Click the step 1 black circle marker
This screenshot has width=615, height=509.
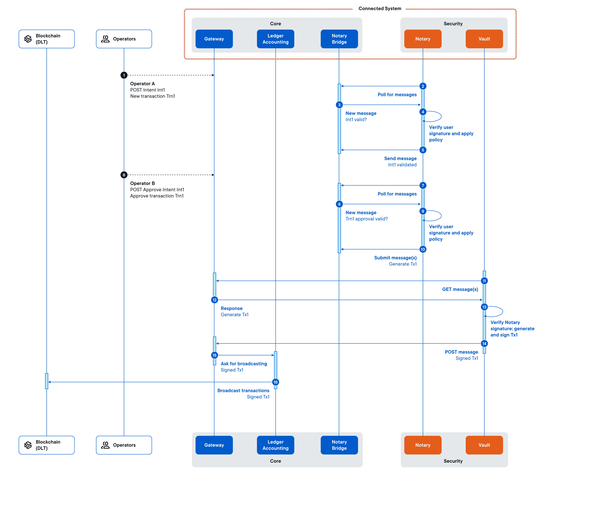124,75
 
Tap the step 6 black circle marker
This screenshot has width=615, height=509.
124,175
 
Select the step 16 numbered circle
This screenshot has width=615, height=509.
275,382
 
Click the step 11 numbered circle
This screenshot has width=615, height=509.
484,281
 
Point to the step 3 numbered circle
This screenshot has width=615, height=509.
339,105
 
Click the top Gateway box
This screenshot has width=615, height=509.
214,39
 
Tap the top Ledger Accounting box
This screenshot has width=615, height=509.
275,39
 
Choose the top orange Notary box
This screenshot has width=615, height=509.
423,39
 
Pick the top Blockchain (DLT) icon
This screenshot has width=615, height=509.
28,39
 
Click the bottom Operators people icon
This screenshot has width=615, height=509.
105,445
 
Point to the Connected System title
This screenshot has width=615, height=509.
380,8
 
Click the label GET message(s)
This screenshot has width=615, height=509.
460,289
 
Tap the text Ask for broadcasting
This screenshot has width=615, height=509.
244,364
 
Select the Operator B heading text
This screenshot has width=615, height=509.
142,183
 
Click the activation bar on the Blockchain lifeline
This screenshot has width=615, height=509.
47,381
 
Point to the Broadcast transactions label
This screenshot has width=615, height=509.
243,391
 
